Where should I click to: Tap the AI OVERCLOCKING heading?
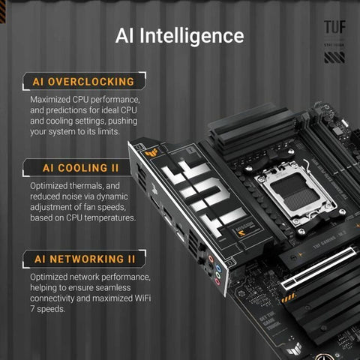[x=83, y=81]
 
